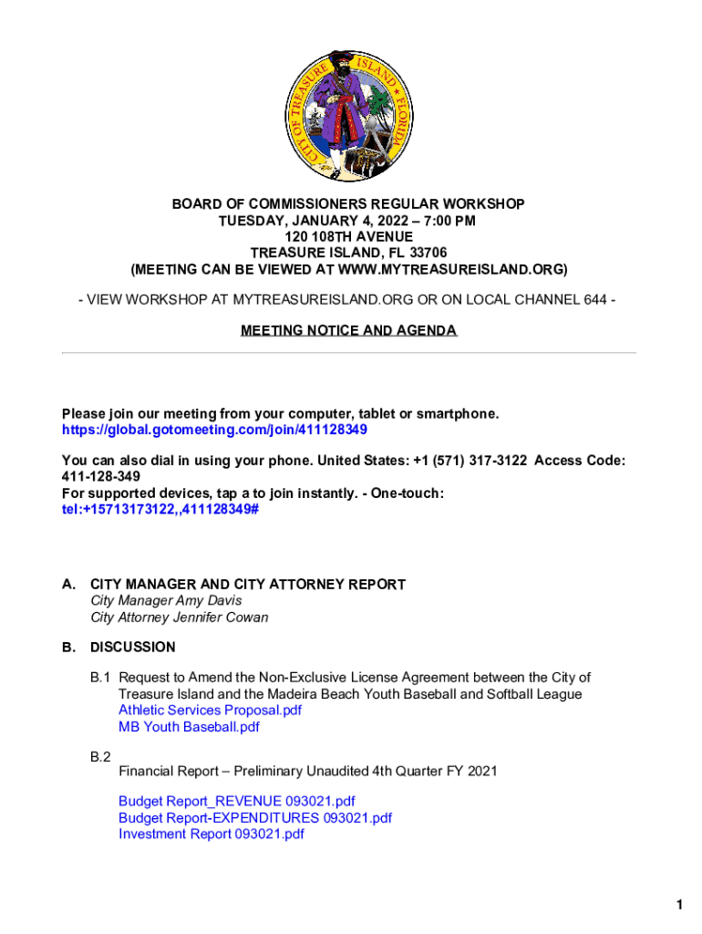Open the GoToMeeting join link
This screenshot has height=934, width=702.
pyautogui.click(x=214, y=430)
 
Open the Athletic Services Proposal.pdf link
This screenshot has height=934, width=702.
pyautogui.click(x=210, y=711)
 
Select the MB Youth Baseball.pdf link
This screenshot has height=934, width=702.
pyautogui.click(x=189, y=727)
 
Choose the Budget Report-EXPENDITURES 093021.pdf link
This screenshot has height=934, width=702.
pyautogui.click(x=255, y=818)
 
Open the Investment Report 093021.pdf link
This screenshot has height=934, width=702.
pyautogui.click(x=212, y=835)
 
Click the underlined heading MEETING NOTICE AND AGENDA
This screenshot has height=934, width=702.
pyautogui.click(x=348, y=330)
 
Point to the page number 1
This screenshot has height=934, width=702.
pyautogui.click(x=679, y=905)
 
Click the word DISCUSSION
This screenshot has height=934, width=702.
pyautogui.click(x=133, y=648)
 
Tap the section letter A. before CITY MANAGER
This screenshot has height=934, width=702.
pyautogui.click(x=68, y=585)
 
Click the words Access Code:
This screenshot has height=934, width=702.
pyautogui.click(x=580, y=461)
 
